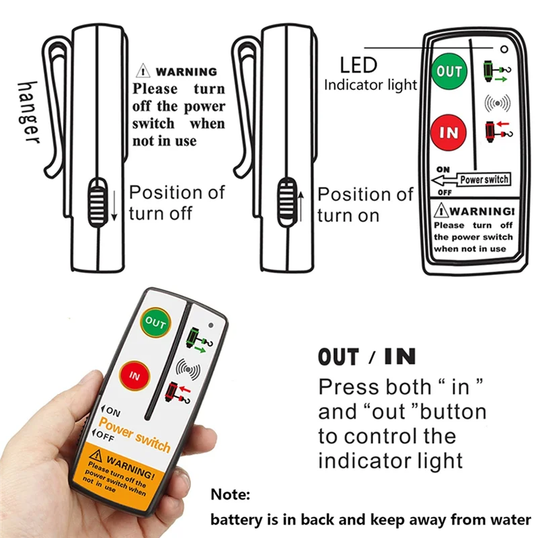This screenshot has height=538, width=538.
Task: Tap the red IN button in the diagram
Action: pos(449,132)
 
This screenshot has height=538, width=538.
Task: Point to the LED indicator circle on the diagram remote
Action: pos(502,49)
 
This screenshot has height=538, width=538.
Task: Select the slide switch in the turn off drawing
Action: pos(98,200)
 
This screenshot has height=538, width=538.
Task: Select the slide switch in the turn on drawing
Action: pos(286,200)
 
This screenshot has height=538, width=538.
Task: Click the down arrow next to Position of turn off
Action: pos(115,205)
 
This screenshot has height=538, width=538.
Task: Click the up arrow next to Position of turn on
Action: pos(302,205)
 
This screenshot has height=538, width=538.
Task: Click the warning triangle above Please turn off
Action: pos(143,71)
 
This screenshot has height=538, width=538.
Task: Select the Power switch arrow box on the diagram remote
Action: pos(471,180)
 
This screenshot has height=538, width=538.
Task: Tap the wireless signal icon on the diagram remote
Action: pos(497,103)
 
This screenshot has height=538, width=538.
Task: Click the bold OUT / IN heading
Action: pos(367,356)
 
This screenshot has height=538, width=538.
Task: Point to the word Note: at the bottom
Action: pos(231,496)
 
